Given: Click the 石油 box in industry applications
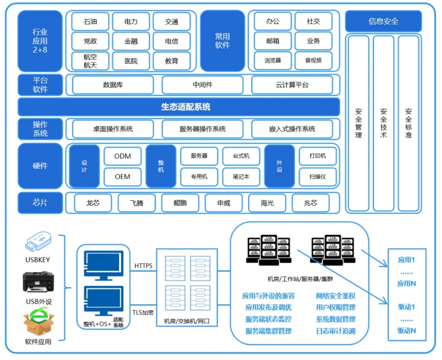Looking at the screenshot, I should [x=90, y=21].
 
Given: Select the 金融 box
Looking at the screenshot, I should [x=131, y=41].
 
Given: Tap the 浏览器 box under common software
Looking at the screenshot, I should [x=273, y=60].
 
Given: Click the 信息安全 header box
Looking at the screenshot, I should [x=383, y=21].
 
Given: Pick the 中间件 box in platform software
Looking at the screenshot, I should [x=202, y=85].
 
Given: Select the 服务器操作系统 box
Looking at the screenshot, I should [x=202, y=129].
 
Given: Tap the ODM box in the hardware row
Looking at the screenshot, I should [x=123, y=156].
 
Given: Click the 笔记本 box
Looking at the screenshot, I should [x=241, y=177].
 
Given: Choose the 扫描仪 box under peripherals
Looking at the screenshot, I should [x=317, y=177].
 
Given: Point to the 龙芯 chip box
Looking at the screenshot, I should [x=93, y=203].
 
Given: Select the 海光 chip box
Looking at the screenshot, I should [x=267, y=203].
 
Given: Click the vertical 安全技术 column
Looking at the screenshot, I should [x=383, y=123].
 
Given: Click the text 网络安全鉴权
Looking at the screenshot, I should [x=336, y=296].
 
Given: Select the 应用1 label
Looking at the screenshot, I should [x=406, y=260].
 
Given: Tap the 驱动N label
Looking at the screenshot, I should [x=406, y=331].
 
